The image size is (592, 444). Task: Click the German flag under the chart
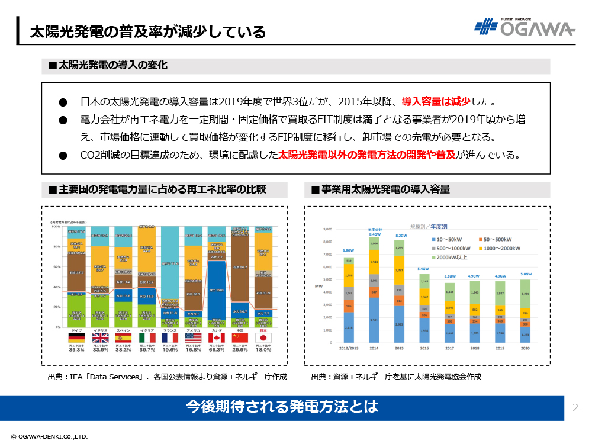76,337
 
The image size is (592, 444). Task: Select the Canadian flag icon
216,337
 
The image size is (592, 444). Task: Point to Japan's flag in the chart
263,337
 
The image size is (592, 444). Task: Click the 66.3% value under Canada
216,350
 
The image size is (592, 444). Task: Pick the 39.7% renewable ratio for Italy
146,350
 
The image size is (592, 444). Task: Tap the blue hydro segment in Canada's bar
216,290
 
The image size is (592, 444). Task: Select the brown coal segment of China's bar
240,266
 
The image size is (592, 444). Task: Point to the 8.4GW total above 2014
375,234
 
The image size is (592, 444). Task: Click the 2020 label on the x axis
525,349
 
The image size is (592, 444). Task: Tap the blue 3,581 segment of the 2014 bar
375,320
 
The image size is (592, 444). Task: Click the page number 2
575,407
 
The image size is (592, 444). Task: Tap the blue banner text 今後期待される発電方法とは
281,407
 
